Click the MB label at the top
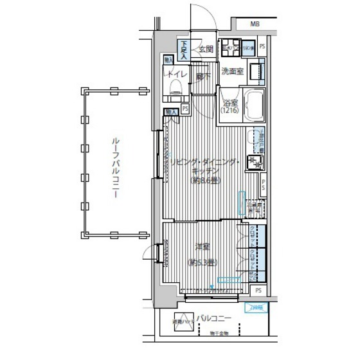[255, 24]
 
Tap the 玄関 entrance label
[205, 49]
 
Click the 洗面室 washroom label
[231, 71]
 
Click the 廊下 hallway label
[204, 75]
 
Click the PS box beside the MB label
[262, 46]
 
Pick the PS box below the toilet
[185, 109]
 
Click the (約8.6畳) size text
[204, 182]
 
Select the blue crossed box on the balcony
[256, 307]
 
